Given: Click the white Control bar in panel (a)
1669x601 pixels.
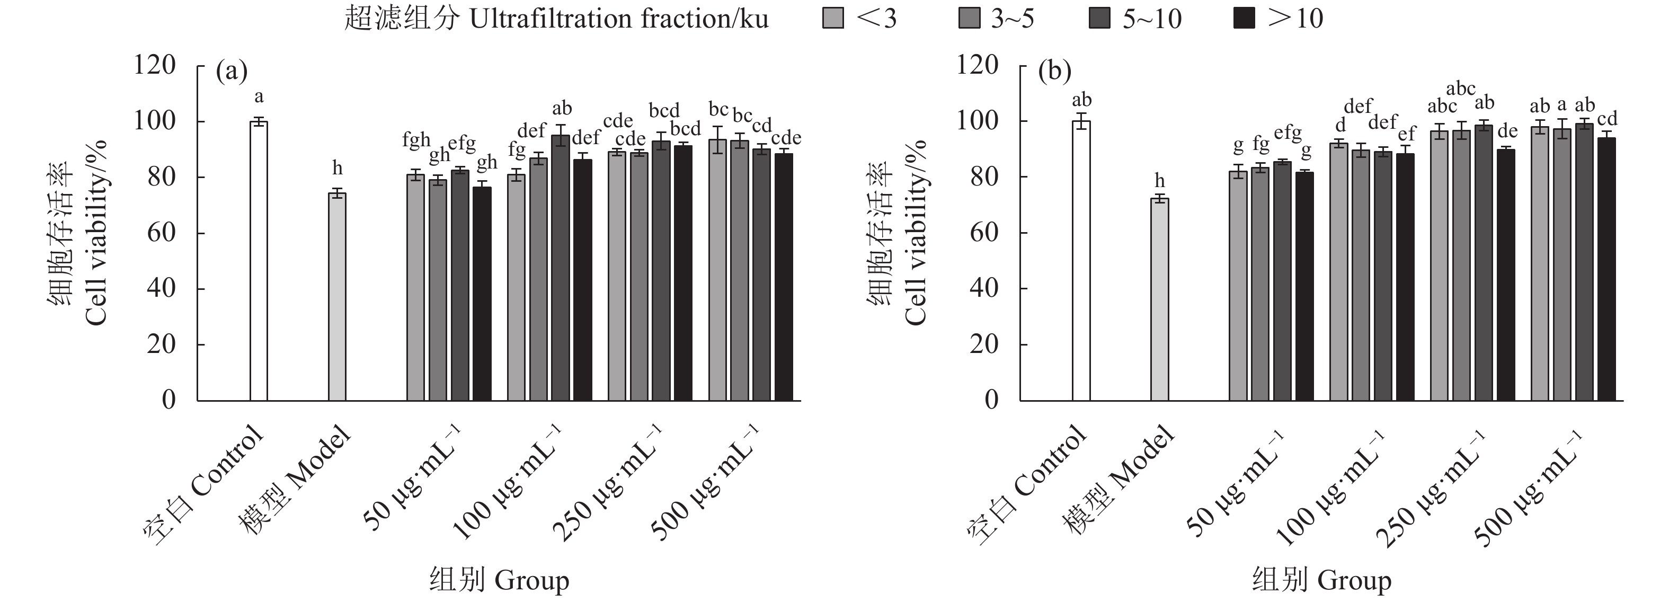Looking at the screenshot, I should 259,261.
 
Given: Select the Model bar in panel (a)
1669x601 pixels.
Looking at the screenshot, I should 337,296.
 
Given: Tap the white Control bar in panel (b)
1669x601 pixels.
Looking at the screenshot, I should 1081,261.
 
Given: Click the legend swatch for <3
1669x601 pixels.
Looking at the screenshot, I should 833,18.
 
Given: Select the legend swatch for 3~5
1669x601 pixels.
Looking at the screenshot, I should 969,18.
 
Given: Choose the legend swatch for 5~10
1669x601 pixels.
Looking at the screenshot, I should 1100,18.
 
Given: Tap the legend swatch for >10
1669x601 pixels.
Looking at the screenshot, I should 1245,18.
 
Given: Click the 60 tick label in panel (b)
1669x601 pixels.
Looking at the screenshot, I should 983,233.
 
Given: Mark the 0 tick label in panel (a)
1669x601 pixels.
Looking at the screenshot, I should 168,400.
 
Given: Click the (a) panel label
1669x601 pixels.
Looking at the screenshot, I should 232,72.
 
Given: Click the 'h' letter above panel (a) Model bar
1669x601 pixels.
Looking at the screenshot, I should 337,169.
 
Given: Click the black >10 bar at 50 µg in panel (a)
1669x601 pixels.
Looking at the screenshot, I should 482,294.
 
